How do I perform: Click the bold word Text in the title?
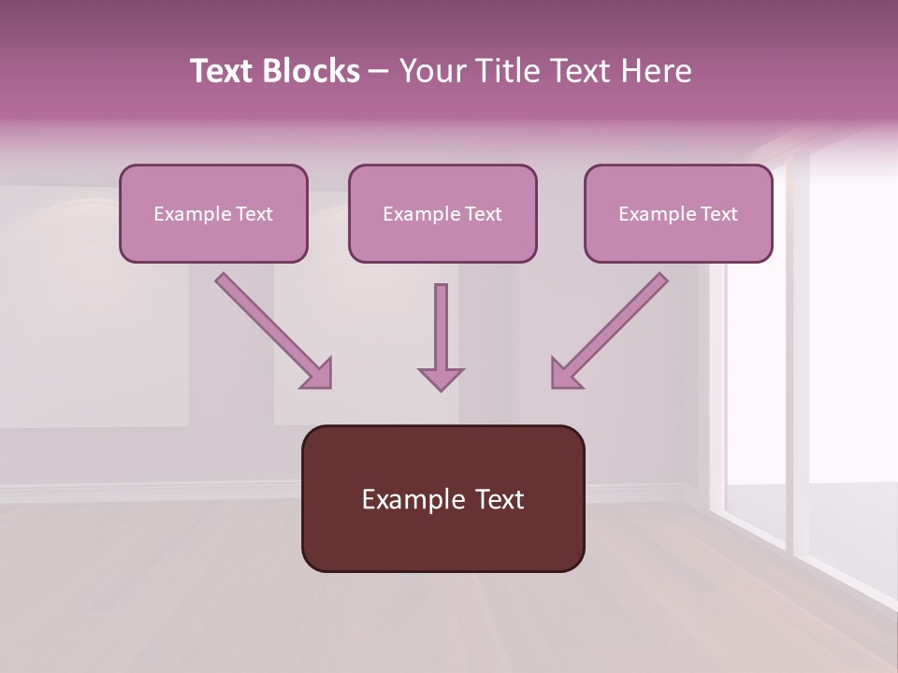click(x=224, y=71)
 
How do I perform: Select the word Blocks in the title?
click(x=312, y=71)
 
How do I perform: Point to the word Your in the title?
click(x=432, y=71)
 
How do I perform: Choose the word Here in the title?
click(x=656, y=71)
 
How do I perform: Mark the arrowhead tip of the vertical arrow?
click(x=441, y=389)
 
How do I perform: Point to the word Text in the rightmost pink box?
click(x=719, y=214)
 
